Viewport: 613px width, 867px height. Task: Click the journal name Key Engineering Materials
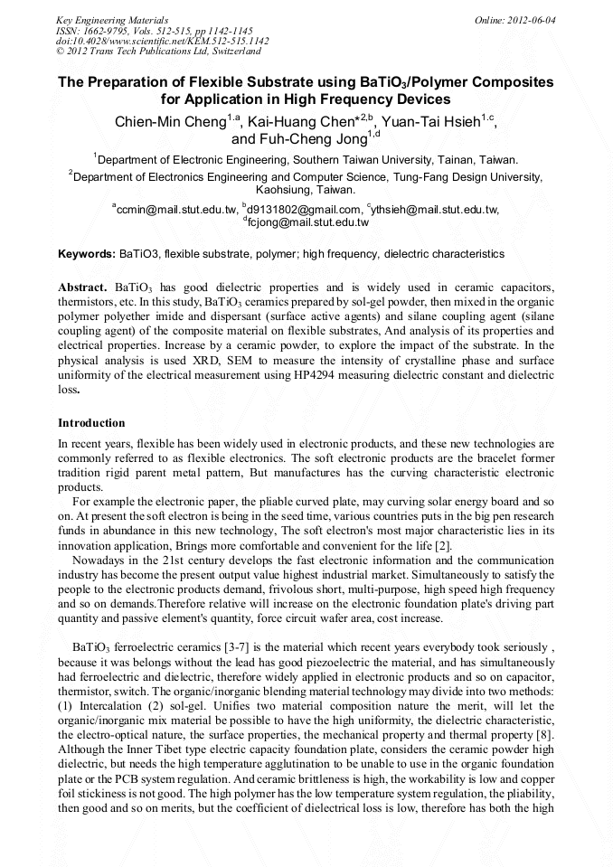[x=112, y=19]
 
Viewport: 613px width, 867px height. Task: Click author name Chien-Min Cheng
[x=170, y=122]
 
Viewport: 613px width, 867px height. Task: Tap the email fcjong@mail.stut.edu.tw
[x=307, y=221]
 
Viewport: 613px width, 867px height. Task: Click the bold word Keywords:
[x=87, y=254]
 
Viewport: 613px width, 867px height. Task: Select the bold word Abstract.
[x=83, y=287]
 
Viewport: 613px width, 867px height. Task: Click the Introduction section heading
[x=91, y=423]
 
